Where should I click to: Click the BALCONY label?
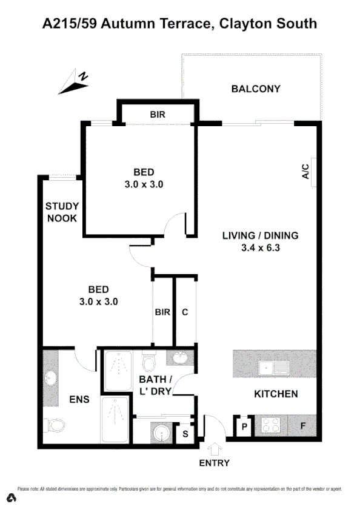tap(256, 89)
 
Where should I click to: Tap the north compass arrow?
tap(74, 83)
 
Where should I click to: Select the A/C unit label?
tap(305, 172)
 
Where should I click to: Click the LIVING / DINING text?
tap(261, 236)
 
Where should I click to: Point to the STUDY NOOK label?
tap(62, 212)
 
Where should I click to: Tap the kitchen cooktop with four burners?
tap(271, 426)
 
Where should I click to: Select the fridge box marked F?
tap(303, 426)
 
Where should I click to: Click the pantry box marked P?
tap(243, 426)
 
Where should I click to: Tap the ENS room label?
tap(79, 399)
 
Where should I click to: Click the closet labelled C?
tap(185, 312)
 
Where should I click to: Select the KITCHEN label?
tap(276, 394)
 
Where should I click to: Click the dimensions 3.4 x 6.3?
tap(261, 248)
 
